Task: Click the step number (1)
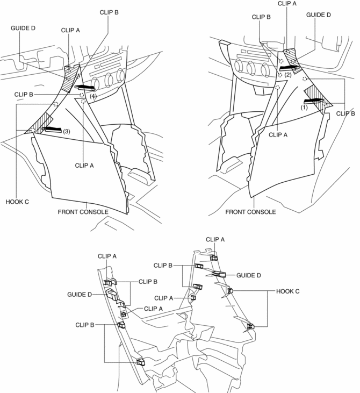coord(304,106)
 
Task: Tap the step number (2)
coord(288,75)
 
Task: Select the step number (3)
coord(67,131)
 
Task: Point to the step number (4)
coord(93,96)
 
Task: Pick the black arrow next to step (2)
coord(290,67)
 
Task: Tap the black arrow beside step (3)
coord(54,130)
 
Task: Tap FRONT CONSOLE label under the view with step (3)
coord(83,212)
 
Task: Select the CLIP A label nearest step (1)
coord(278,135)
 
